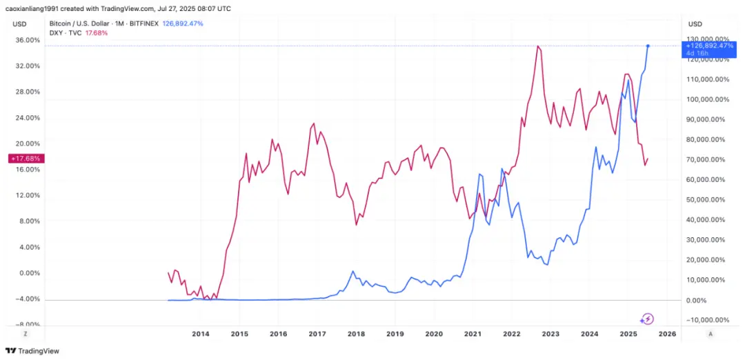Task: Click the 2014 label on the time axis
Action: (x=200, y=334)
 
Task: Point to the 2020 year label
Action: (x=434, y=334)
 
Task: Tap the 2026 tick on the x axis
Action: (x=667, y=334)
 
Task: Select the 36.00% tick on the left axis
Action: (x=28, y=40)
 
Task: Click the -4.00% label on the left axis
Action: (x=28, y=299)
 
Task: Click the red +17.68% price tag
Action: (x=27, y=159)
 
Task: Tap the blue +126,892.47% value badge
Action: (x=706, y=46)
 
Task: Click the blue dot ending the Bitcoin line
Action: (x=648, y=46)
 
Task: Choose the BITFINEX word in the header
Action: (x=143, y=23)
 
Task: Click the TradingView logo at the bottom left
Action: (x=32, y=350)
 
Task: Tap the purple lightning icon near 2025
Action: (x=647, y=319)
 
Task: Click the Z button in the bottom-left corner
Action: (x=26, y=334)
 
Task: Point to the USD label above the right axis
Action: (x=695, y=24)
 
